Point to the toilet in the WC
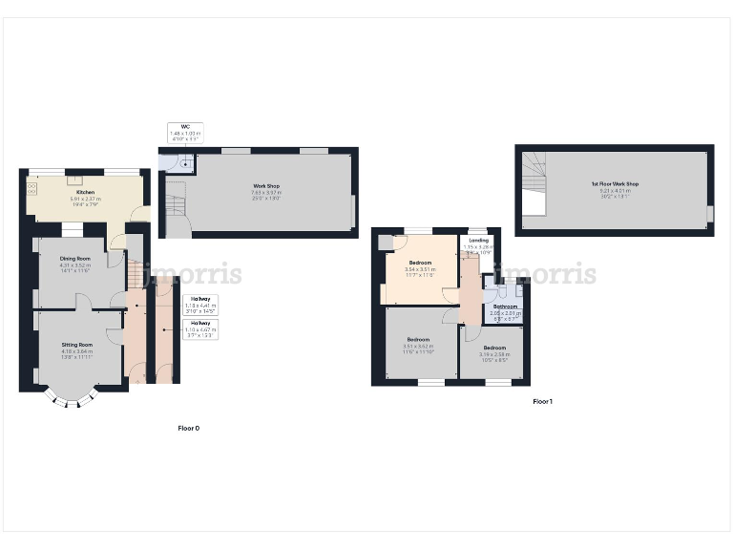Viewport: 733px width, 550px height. (183, 165)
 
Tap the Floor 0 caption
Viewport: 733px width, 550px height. (189, 429)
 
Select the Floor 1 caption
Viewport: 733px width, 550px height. (542, 402)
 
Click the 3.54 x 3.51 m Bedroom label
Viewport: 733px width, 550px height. (421, 265)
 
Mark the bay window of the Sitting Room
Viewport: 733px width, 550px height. (72, 397)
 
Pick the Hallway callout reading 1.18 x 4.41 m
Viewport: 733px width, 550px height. (199, 304)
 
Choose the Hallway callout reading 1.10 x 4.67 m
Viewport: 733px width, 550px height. (199, 328)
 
